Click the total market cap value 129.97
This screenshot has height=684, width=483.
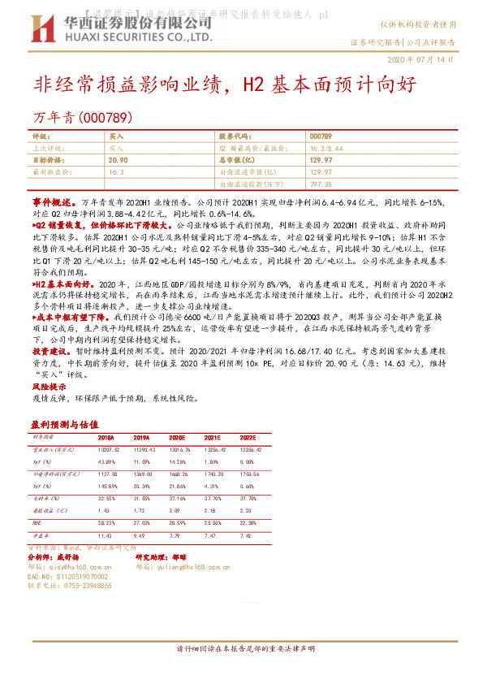pyautogui.click(x=321, y=161)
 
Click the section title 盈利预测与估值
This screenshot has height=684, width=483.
pyautogui.click(x=64, y=424)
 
